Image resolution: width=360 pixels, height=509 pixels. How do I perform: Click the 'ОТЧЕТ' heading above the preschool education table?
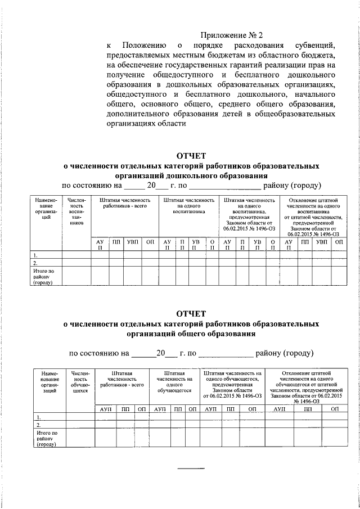[192, 156]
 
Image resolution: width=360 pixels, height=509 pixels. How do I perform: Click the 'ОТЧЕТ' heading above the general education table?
[192, 313]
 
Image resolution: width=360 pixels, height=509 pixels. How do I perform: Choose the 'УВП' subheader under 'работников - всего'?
[132, 241]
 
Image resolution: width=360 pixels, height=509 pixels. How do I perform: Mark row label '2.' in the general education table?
[37, 425]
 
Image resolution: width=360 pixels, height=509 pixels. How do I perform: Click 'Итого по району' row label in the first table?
[45, 276]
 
